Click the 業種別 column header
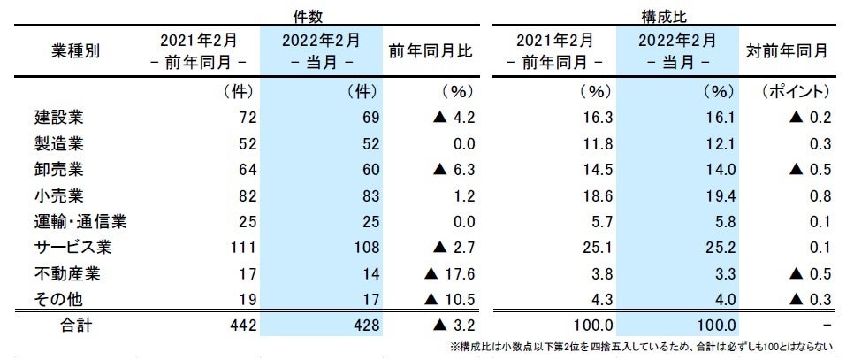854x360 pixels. tap(77, 50)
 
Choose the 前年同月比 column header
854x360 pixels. tap(431, 50)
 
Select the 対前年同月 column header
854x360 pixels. tap(787, 50)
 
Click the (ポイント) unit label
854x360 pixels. tap(795, 91)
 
